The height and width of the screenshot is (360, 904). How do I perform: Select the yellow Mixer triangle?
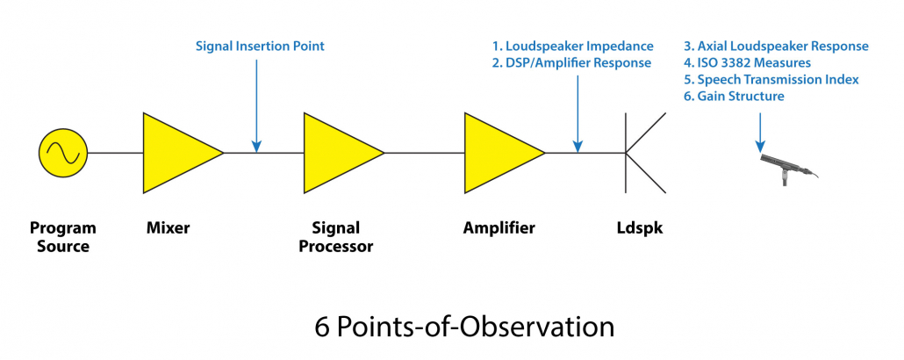(x=176, y=153)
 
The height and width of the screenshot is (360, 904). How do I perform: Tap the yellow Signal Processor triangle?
(x=337, y=153)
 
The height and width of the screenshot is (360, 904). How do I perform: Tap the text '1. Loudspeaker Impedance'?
(x=573, y=46)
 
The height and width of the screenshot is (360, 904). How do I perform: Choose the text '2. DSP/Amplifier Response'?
(x=571, y=62)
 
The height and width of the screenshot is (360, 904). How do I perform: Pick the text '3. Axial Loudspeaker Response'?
(x=776, y=46)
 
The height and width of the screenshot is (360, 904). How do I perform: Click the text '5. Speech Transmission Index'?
(x=771, y=79)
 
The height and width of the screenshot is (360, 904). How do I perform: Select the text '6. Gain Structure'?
(x=734, y=96)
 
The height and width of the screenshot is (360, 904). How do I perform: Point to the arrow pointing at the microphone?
(x=760, y=127)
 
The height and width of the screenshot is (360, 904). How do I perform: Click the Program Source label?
(x=62, y=237)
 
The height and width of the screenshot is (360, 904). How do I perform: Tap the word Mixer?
(x=168, y=228)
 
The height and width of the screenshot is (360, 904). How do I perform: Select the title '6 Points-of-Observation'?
(x=463, y=326)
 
